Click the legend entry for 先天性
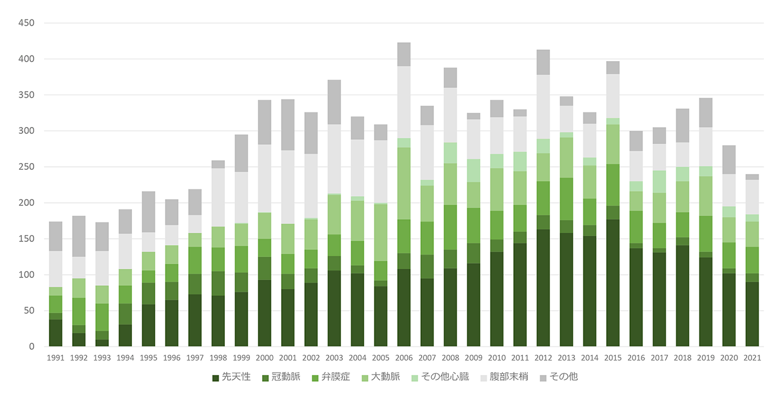point(231,377)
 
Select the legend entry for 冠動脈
point(282,377)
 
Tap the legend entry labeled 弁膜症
point(331,377)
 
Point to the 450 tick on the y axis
point(27,23)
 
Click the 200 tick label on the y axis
point(27,203)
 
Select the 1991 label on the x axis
point(56,359)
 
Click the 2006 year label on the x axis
point(404,359)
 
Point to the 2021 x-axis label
point(752,359)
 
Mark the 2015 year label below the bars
point(613,359)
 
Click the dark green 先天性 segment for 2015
point(613,283)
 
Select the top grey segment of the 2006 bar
point(404,54)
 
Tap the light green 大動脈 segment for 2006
point(404,183)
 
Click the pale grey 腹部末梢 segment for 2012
point(543,107)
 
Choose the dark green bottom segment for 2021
point(752,314)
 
